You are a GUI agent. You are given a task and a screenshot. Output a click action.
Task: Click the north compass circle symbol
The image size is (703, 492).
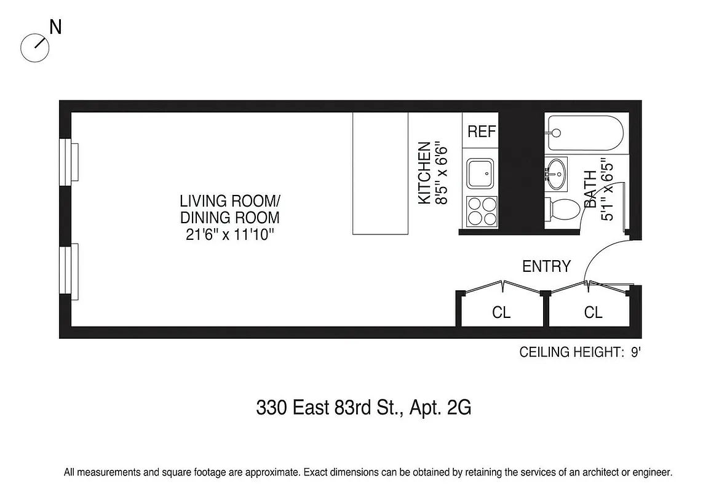point(34,47)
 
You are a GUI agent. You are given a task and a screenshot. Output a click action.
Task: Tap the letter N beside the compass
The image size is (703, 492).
point(55,28)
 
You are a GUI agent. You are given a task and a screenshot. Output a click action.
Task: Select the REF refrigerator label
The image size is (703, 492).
point(482,132)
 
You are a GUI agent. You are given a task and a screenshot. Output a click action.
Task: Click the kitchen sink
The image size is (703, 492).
point(480,173)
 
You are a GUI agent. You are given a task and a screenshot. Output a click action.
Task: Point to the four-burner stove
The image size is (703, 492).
point(482,211)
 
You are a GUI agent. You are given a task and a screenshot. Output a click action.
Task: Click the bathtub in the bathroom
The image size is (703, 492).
point(585,133)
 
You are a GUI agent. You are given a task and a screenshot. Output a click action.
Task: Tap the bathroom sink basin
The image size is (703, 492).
point(557,174)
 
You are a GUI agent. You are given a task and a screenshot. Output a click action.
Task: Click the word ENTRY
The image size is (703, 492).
point(546,266)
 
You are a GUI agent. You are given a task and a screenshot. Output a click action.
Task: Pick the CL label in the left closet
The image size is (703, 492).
point(501,312)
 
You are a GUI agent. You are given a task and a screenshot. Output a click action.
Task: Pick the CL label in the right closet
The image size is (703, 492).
point(593,312)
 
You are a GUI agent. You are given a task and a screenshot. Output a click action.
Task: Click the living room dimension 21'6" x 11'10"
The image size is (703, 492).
point(229,234)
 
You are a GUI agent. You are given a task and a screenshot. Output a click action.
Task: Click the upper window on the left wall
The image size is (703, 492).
point(69,161)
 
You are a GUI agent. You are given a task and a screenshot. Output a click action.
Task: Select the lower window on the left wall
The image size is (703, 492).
point(69,271)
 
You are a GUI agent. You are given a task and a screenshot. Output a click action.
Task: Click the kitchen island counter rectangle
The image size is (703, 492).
point(380,173)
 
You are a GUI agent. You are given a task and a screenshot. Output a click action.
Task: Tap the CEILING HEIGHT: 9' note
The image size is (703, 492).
point(581,352)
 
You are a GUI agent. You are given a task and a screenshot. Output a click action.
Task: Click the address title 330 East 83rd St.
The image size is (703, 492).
point(363,408)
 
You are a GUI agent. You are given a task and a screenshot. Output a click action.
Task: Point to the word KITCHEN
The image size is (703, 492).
point(424,173)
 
